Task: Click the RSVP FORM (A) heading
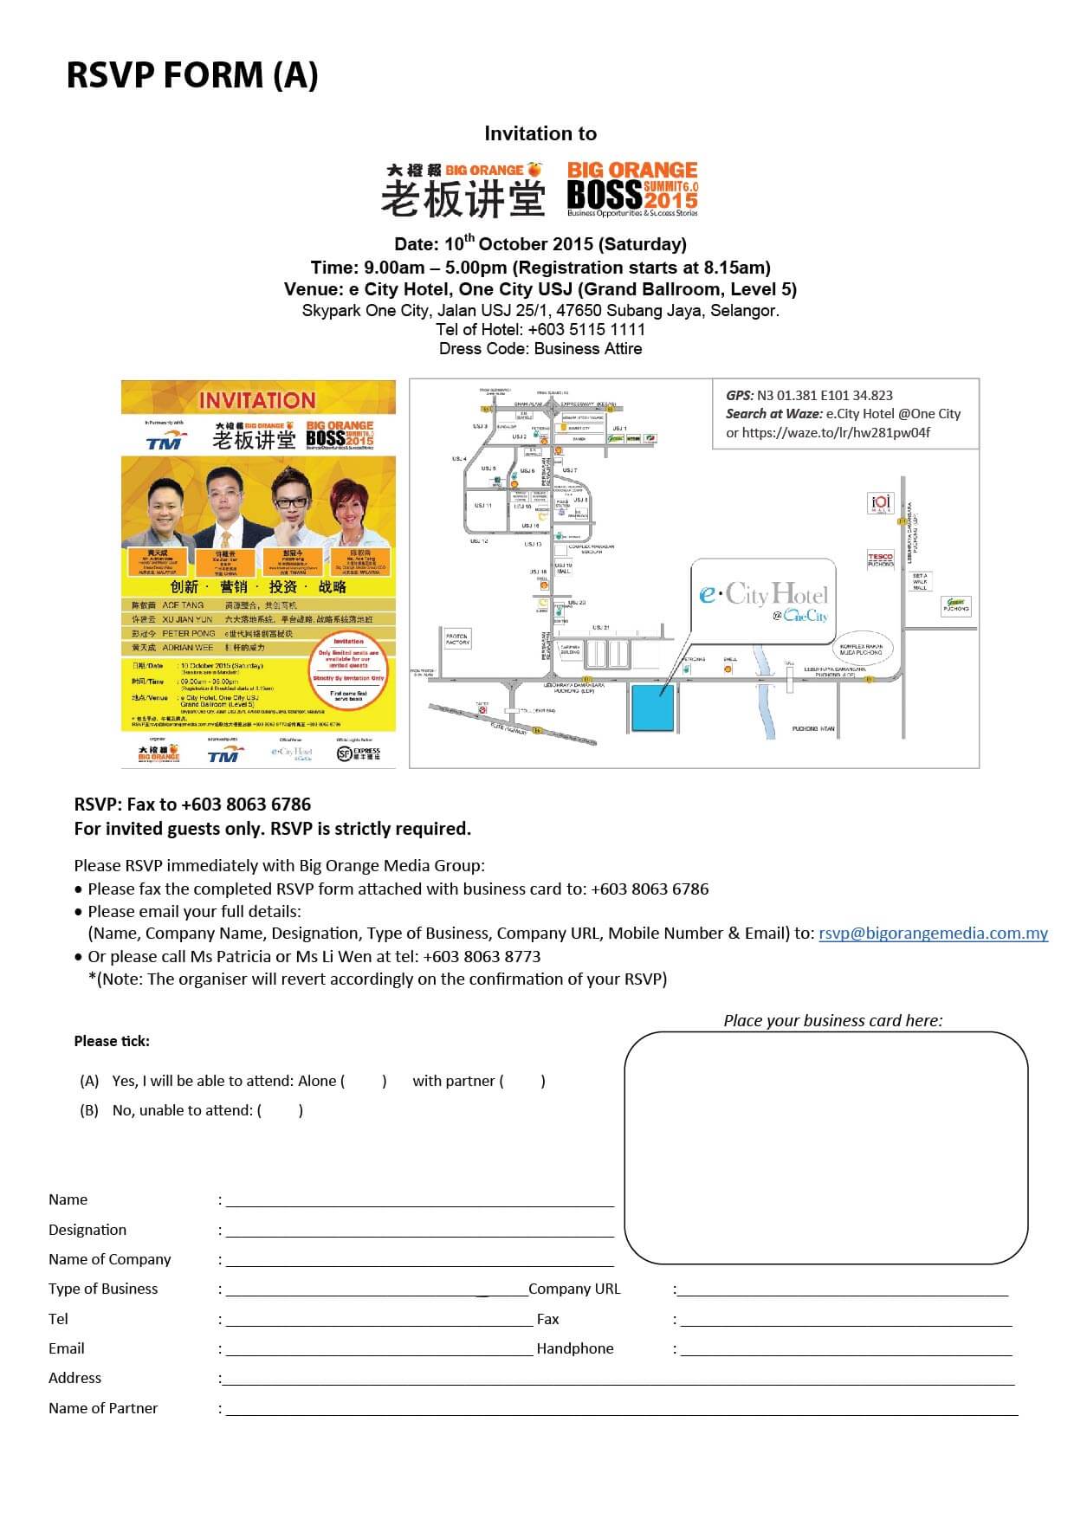(192, 75)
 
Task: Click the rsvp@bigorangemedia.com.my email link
(933, 933)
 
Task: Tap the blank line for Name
(419, 1200)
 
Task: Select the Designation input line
(419, 1231)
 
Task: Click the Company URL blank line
(842, 1290)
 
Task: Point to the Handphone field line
(845, 1349)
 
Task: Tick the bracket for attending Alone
(365, 1081)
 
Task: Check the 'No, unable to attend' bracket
(281, 1110)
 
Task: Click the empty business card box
(825, 1147)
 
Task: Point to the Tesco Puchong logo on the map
(880, 560)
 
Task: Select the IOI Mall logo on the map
(880, 502)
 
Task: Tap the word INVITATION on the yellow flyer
(257, 400)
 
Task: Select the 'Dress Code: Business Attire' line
(540, 349)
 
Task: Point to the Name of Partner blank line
(621, 1409)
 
